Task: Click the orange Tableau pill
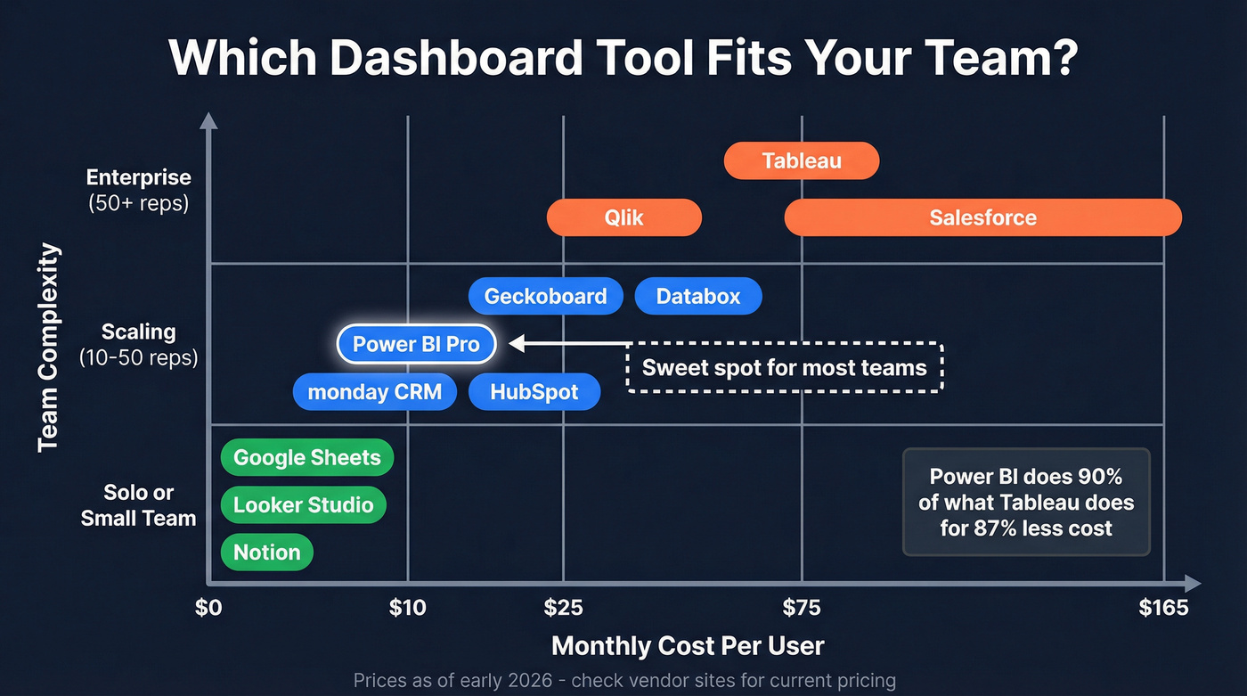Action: coord(802,161)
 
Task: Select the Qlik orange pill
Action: coord(623,217)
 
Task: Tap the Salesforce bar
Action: coord(982,217)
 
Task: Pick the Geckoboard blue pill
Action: coord(545,296)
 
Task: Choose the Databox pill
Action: coord(698,296)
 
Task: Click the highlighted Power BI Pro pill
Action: coord(416,344)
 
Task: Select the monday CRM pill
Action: coord(374,391)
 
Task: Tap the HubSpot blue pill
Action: coord(534,391)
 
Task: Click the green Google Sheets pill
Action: coord(306,457)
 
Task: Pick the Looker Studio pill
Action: coord(303,504)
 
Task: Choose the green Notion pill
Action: coord(266,552)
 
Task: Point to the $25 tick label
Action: coord(563,608)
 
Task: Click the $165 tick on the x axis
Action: coord(1163,608)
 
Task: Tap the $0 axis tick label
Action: coord(208,608)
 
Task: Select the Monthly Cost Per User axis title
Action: coord(688,645)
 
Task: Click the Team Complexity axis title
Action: coord(50,348)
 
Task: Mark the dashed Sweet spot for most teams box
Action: coord(784,367)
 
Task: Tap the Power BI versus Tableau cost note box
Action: coord(1026,503)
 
